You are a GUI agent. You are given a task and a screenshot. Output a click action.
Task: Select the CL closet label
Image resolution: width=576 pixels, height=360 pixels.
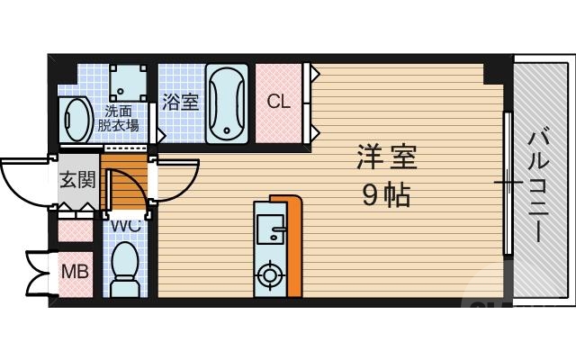(x=279, y=102)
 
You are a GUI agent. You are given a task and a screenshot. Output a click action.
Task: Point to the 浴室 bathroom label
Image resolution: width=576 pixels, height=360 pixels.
(x=180, y=103)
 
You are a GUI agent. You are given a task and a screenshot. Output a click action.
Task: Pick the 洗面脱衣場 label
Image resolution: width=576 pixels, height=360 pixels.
(x=118, y=119)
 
